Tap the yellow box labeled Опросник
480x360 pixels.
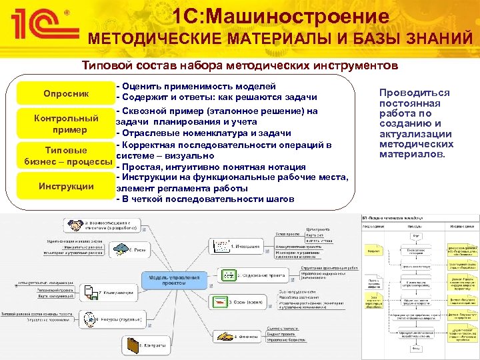65,92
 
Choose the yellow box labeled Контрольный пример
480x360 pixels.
66,123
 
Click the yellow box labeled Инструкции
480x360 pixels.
66,186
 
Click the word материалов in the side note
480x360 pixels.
410,154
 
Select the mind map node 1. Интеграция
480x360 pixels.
239,246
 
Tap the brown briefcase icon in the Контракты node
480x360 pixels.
132,345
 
